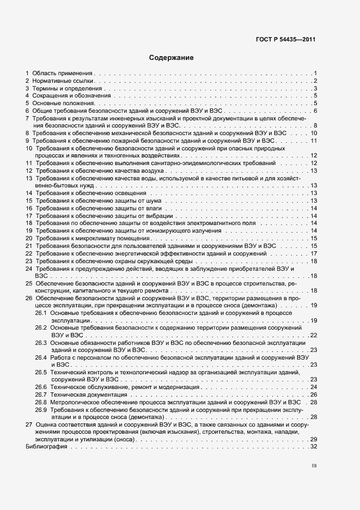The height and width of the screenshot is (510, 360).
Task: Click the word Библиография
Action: tap(46, 447)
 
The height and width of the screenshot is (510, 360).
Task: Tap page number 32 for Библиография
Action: tap(313, 447)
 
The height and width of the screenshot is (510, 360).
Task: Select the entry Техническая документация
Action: tap(82, 394)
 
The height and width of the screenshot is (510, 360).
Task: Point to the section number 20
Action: tap(28, 238)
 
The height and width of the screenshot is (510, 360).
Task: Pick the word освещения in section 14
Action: tap(131, 193)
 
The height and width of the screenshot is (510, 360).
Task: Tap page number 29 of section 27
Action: tap(313, 439)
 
